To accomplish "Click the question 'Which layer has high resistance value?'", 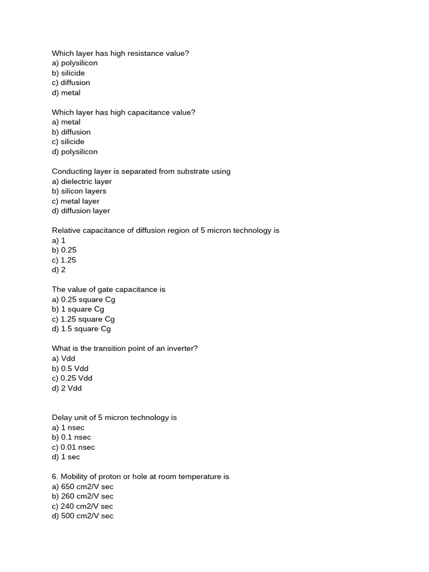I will click(120, 53).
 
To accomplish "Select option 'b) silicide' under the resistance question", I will click(68, 73).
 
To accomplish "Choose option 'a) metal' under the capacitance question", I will click(66, 122).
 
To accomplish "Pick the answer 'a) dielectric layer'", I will click(82, 182).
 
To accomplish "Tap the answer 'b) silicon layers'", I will click(79, 191).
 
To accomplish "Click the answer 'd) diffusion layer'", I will click(81, 211).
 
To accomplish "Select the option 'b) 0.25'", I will click(64, 250).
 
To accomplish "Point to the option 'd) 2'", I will click(59, 270).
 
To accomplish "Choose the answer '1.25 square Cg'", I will click(88, 319).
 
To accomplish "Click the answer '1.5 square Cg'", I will click(86, 329).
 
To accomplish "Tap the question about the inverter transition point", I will click(125, 349).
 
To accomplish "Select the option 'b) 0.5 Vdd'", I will click(70, 369).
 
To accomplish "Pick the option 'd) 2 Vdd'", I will click(66, 388).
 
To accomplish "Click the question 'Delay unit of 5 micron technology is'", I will click(114, 417).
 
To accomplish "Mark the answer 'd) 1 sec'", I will click(66, 457).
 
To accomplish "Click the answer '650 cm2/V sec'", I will click(87, 487).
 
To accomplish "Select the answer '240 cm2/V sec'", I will click(87, 506).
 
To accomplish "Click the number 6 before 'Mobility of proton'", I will click(54, 476).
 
